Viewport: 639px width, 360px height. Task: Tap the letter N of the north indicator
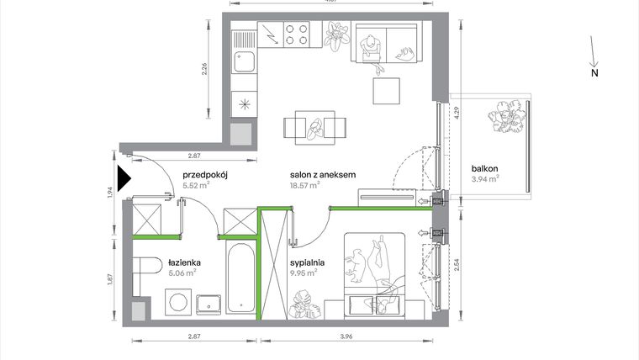pyautogui.click(x=594, y=73)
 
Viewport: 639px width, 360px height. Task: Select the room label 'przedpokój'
pyautogui.click(x=206, y=175)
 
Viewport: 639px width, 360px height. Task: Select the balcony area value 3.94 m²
pyautogui.click(x=485, y=177)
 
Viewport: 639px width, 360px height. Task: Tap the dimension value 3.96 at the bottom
pyautogui.click(x=346, y=336)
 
